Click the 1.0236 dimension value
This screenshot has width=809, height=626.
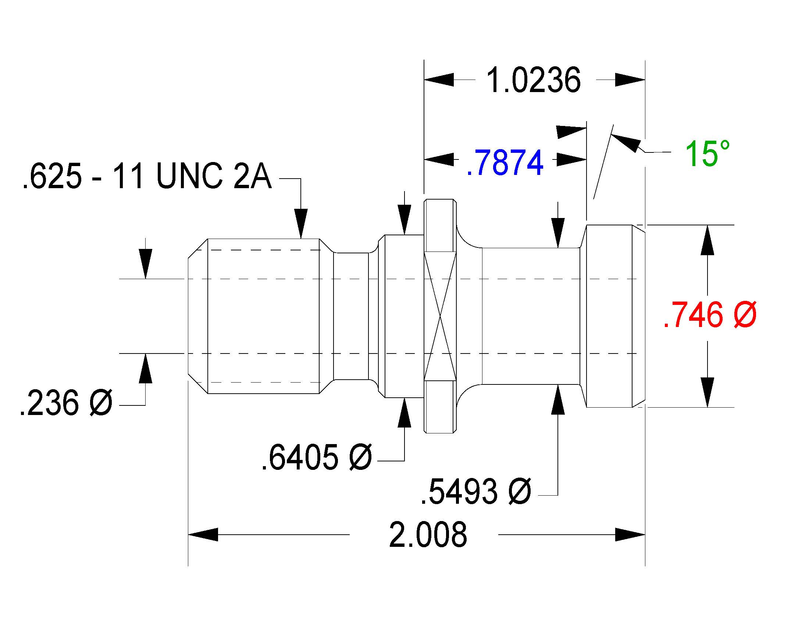[533, 80]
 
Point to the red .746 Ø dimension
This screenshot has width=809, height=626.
[710, 315]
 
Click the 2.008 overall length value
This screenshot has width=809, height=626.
[428, 535]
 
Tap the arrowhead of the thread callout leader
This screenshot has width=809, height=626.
[301, 224]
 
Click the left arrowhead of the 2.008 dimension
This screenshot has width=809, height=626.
[203, 534]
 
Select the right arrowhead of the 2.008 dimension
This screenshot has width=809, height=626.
[630, 534]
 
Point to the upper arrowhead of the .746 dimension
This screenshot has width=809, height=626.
[708, 240]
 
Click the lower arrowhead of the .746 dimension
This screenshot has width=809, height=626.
[708, 393]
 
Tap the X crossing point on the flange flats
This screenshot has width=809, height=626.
[440, 316]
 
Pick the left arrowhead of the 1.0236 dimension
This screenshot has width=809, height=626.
[439, 80]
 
